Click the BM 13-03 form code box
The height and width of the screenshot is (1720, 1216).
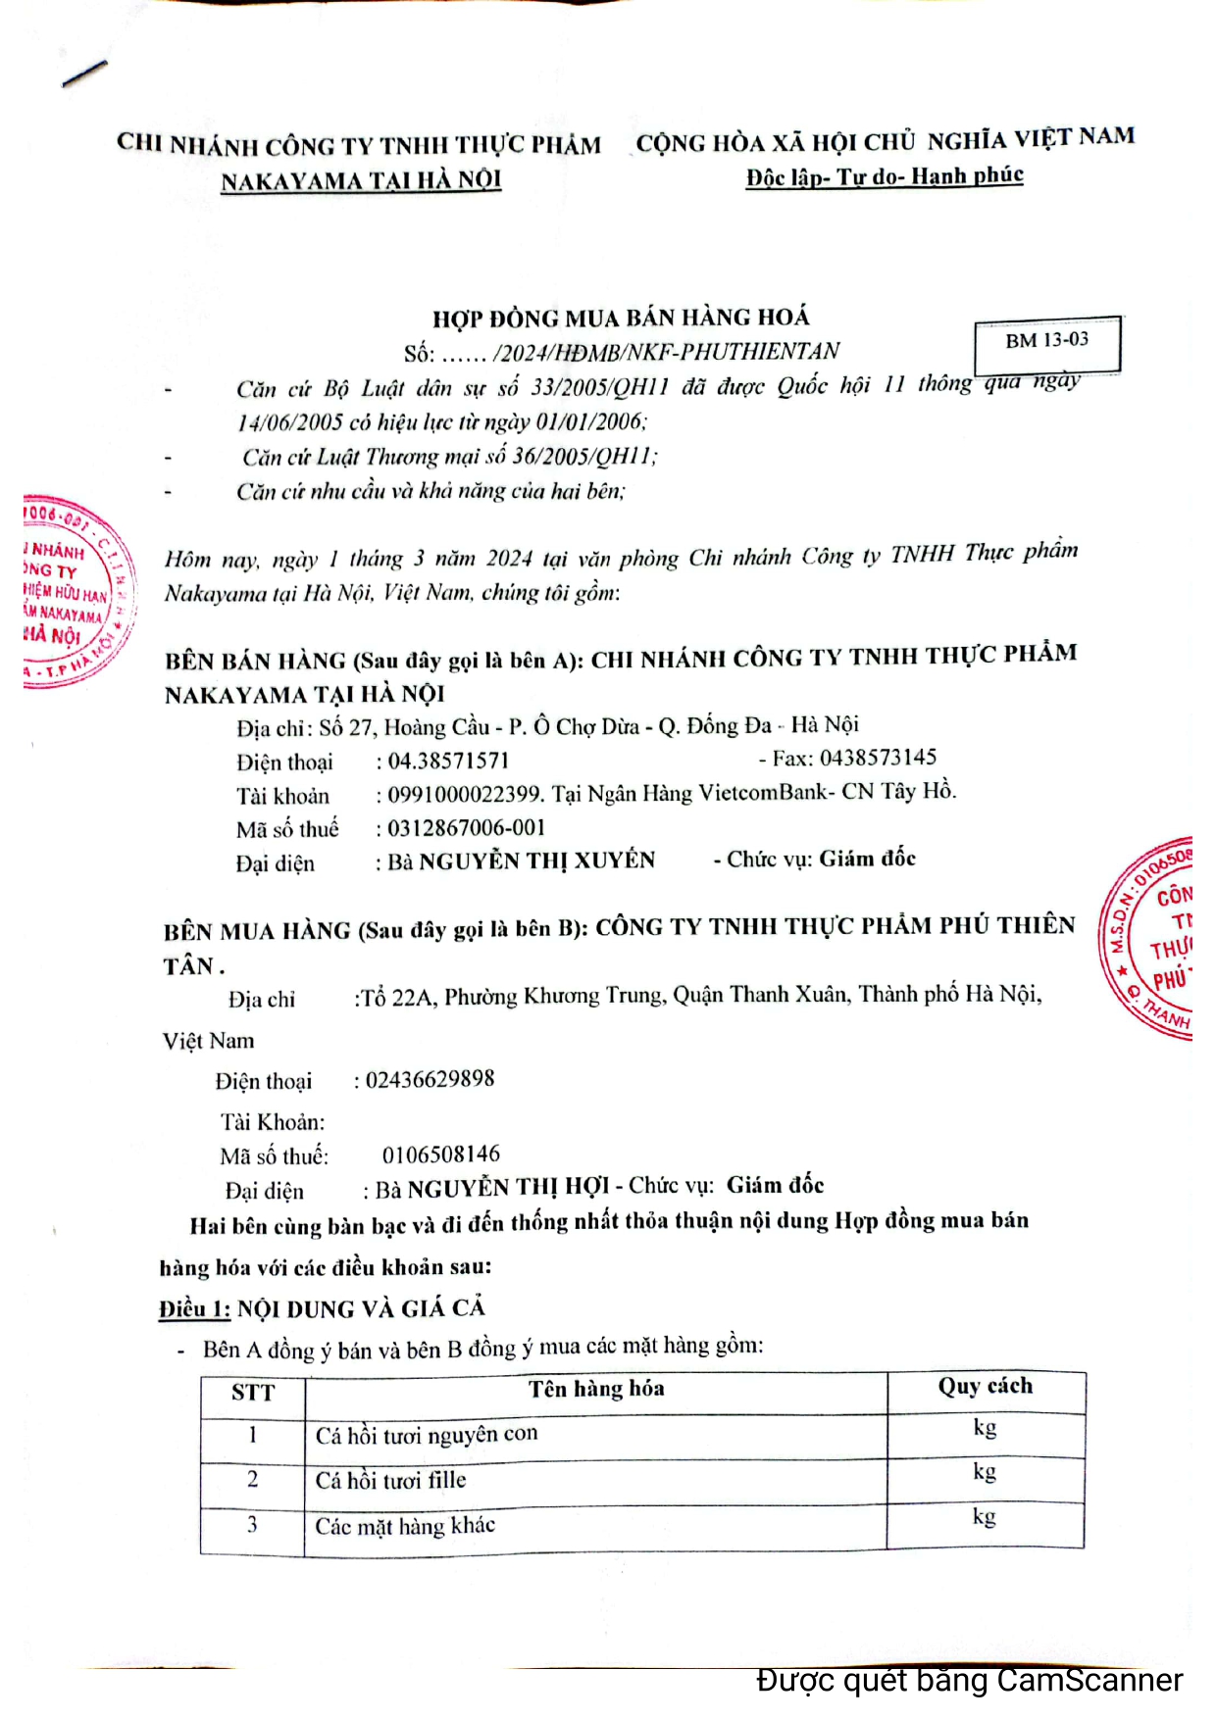click(1047, 342)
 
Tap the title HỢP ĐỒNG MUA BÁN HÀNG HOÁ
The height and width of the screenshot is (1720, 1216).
click(621, 318)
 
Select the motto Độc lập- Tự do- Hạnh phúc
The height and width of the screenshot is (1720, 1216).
click(885, 176)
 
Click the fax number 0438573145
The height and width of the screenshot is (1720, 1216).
click(878, 758)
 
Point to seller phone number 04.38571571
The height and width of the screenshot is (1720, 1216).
click(448, 762)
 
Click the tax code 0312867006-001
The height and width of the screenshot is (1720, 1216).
click(466, 828)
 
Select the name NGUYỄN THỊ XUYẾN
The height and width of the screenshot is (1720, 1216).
click(536, 860)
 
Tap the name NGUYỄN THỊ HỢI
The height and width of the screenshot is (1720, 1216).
click(508, 1188)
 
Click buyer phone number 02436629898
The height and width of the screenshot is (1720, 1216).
click(430, 1079)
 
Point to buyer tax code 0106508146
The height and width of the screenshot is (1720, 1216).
click(441, 1154)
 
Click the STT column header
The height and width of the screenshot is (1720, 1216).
click(253, 1393)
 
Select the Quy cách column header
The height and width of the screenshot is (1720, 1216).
click(985, 1387)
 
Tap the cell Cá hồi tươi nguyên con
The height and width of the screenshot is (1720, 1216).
click(427, 1435)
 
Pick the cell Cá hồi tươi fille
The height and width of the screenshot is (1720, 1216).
click(390, 1480)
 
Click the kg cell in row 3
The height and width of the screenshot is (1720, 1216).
click(984, 1517)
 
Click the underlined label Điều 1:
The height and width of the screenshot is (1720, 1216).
click(194, 1309)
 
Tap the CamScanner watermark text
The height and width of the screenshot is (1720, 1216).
click(969, 1681)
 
